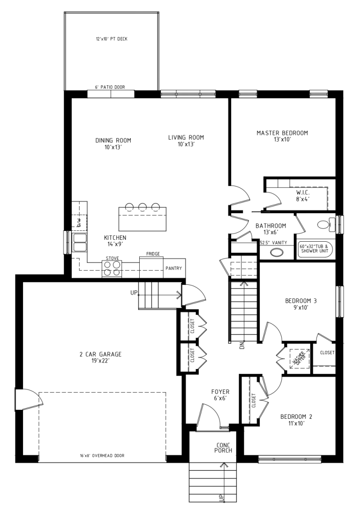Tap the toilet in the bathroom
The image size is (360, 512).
coord(325,224)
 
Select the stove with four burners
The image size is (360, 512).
coord(112,269)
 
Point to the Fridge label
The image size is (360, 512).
coord(153,254)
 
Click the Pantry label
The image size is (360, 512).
coord(173,268)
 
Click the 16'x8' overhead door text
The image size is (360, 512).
coord(102,455)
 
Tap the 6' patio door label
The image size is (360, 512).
coord(110,87)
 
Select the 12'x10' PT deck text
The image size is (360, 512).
coord(112,39)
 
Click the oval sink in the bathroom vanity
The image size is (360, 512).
coord(277,252)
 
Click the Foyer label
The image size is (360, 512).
coord(220,395)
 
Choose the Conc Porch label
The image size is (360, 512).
coord(223,448)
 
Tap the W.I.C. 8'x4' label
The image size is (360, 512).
coord(303,196)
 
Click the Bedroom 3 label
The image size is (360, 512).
coord(301,304)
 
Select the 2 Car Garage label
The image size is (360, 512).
coord(100,357)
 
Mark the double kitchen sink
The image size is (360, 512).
coord(80,243)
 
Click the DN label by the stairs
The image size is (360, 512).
coord(242,345)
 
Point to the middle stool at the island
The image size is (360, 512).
coord(142,207)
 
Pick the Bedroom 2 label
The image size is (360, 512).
coord(296,420)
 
